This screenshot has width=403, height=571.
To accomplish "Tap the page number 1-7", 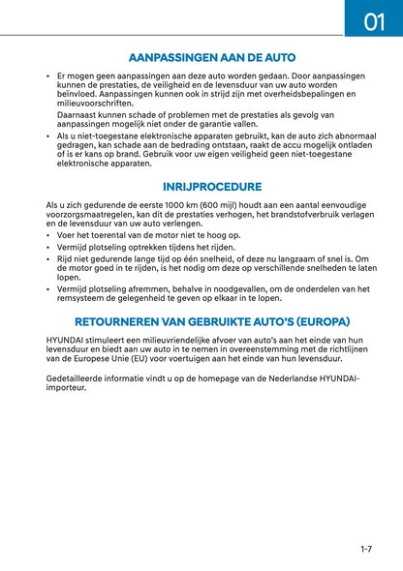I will (365, 550).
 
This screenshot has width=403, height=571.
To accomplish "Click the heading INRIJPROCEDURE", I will (212, 187).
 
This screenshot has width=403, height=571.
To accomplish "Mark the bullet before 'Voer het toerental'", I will (49, 235).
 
